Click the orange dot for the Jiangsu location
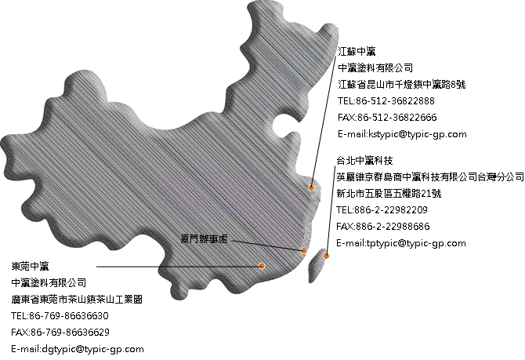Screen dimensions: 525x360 click(311, 187)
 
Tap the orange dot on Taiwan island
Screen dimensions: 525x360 click(326, 256)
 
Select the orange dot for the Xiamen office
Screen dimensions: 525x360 click(304, 250)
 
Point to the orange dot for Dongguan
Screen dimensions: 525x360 click(262, 266)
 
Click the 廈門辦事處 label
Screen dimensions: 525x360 click(205, 238)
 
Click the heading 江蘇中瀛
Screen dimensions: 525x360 click(357, 52)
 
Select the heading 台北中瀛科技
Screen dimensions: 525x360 click(364, 161)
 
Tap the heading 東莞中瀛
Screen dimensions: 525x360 click(30, 266)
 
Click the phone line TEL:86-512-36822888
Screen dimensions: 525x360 click(386, 101)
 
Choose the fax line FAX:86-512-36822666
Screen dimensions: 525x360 click(387, 118)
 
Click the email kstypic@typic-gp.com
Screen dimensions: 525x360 click(418, 134)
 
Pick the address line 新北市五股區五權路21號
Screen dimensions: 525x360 click(389, 194)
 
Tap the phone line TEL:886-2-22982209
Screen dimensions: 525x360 click(382, 210)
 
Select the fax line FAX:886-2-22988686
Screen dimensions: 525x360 click(383, 226)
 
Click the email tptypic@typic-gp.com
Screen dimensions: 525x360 click(416, 243)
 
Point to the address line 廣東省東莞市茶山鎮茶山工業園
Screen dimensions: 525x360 click(77, 300)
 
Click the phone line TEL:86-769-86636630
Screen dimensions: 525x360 click(60, 316)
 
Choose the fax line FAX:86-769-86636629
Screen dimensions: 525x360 click(60, 333)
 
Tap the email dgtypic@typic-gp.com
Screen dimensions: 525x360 click(92, 349)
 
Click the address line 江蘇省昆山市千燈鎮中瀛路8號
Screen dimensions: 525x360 click(402, 85)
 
